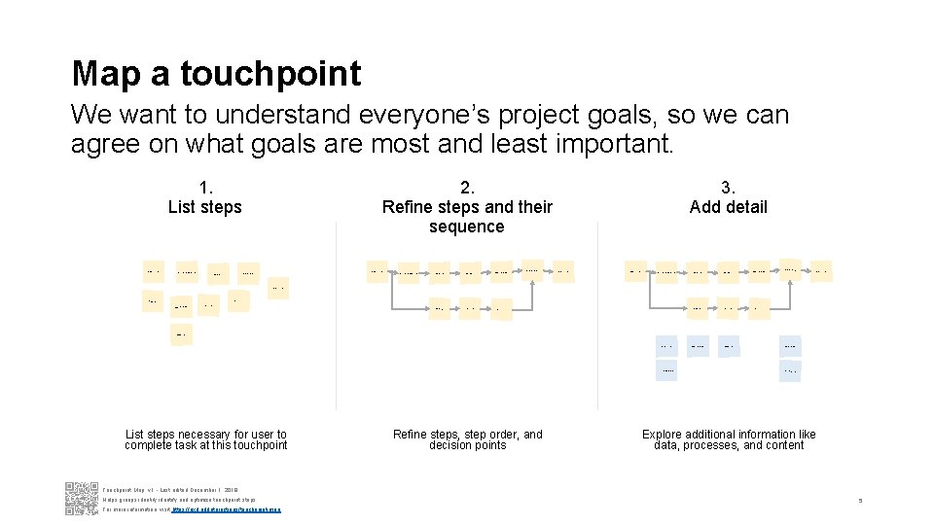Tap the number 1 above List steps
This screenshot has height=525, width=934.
204,188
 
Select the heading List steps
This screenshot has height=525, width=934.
204,207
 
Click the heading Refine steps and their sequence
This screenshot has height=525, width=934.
467,216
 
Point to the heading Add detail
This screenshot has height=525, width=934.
728,207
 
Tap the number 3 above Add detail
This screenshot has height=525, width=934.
728,188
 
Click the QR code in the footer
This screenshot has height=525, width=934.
81,498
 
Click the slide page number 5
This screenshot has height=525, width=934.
860,501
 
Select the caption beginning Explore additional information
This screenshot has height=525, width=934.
729,439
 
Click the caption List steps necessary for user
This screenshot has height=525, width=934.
206,439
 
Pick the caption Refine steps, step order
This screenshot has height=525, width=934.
467,439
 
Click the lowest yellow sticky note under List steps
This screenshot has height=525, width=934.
180,335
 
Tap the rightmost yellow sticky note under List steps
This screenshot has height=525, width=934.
278,288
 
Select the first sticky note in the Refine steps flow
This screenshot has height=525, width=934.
377,272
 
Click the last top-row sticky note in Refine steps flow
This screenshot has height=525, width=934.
563,270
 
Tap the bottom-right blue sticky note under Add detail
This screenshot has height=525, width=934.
790,371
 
